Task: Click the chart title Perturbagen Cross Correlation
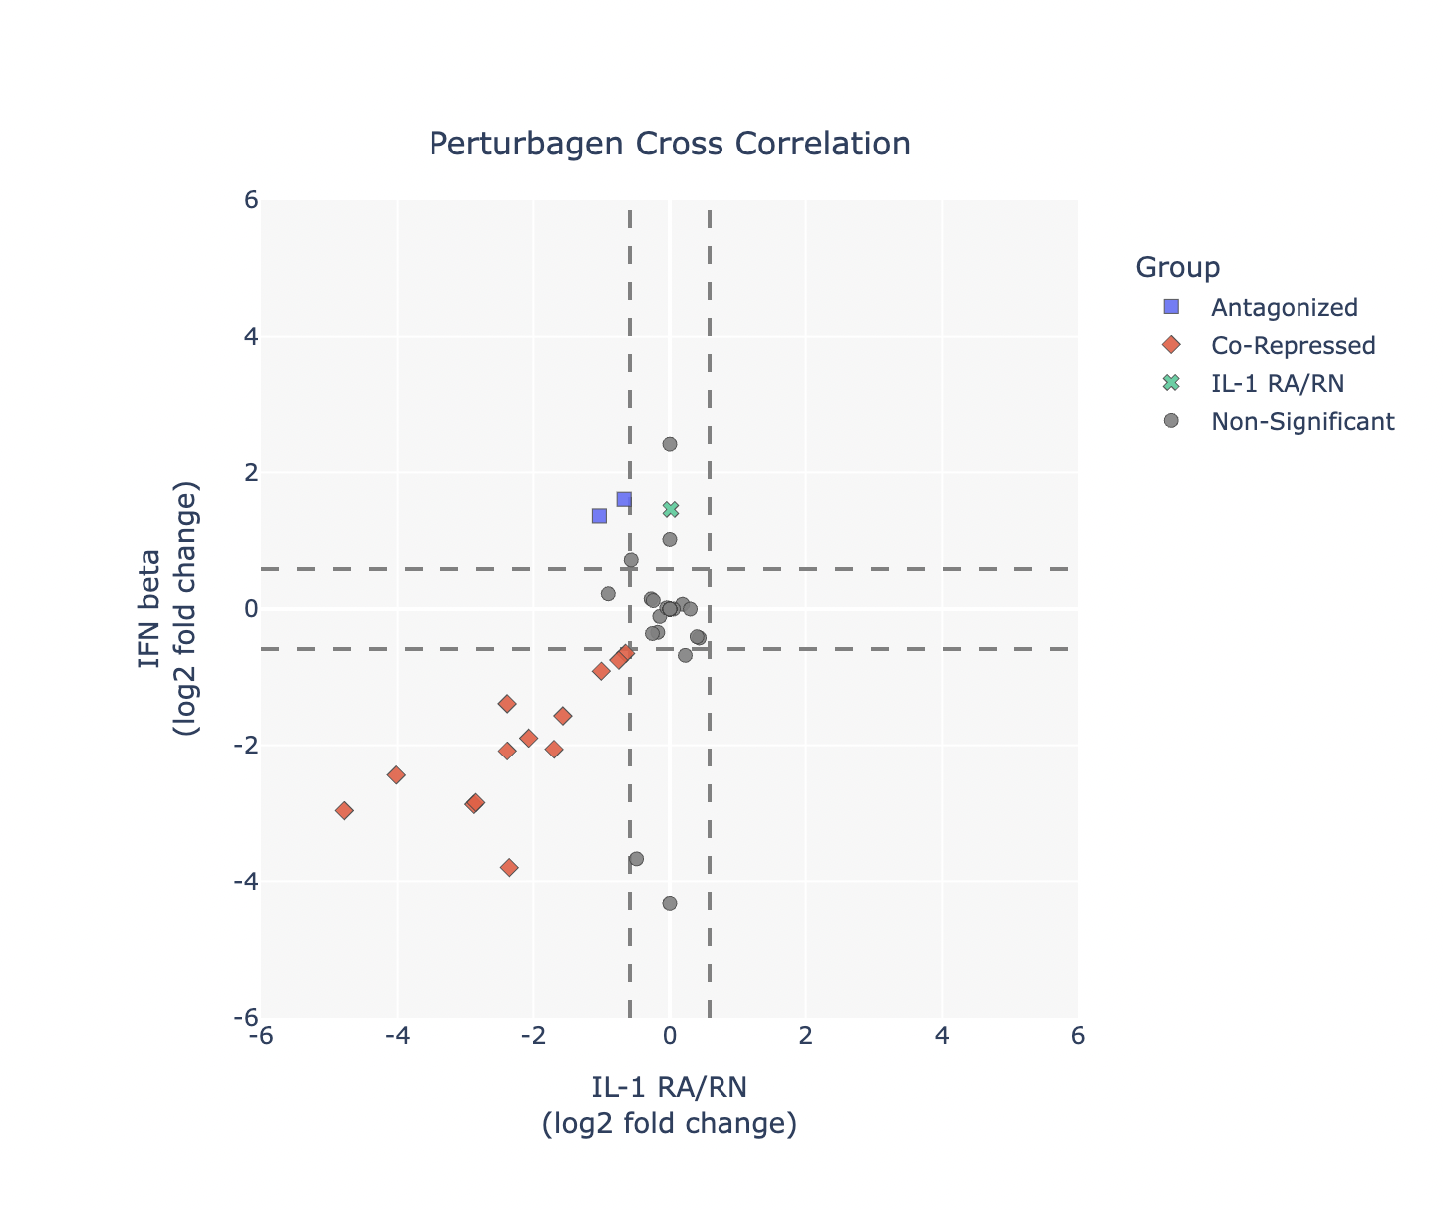click(x=669, y=145)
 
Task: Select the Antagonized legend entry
click(x=1284, y=307)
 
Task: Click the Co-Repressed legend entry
click(x=1293, y=345)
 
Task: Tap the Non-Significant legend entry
click(x=1301, y=421)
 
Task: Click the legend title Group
click(x=1178, y=267)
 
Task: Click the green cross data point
click(x=671, y=509)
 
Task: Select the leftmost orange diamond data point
click(x=344, y=811)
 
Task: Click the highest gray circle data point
click(x=670, y=444)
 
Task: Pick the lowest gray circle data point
click(x=670, y=903)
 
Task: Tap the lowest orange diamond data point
click(x=509, y=868)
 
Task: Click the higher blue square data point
click(x=624, y=499)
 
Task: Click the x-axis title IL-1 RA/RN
click(x=669, y=1085)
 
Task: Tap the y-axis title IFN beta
click(x=151, y=609)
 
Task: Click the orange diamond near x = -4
click(x=396, y=775)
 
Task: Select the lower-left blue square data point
click(x=599, y=516)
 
